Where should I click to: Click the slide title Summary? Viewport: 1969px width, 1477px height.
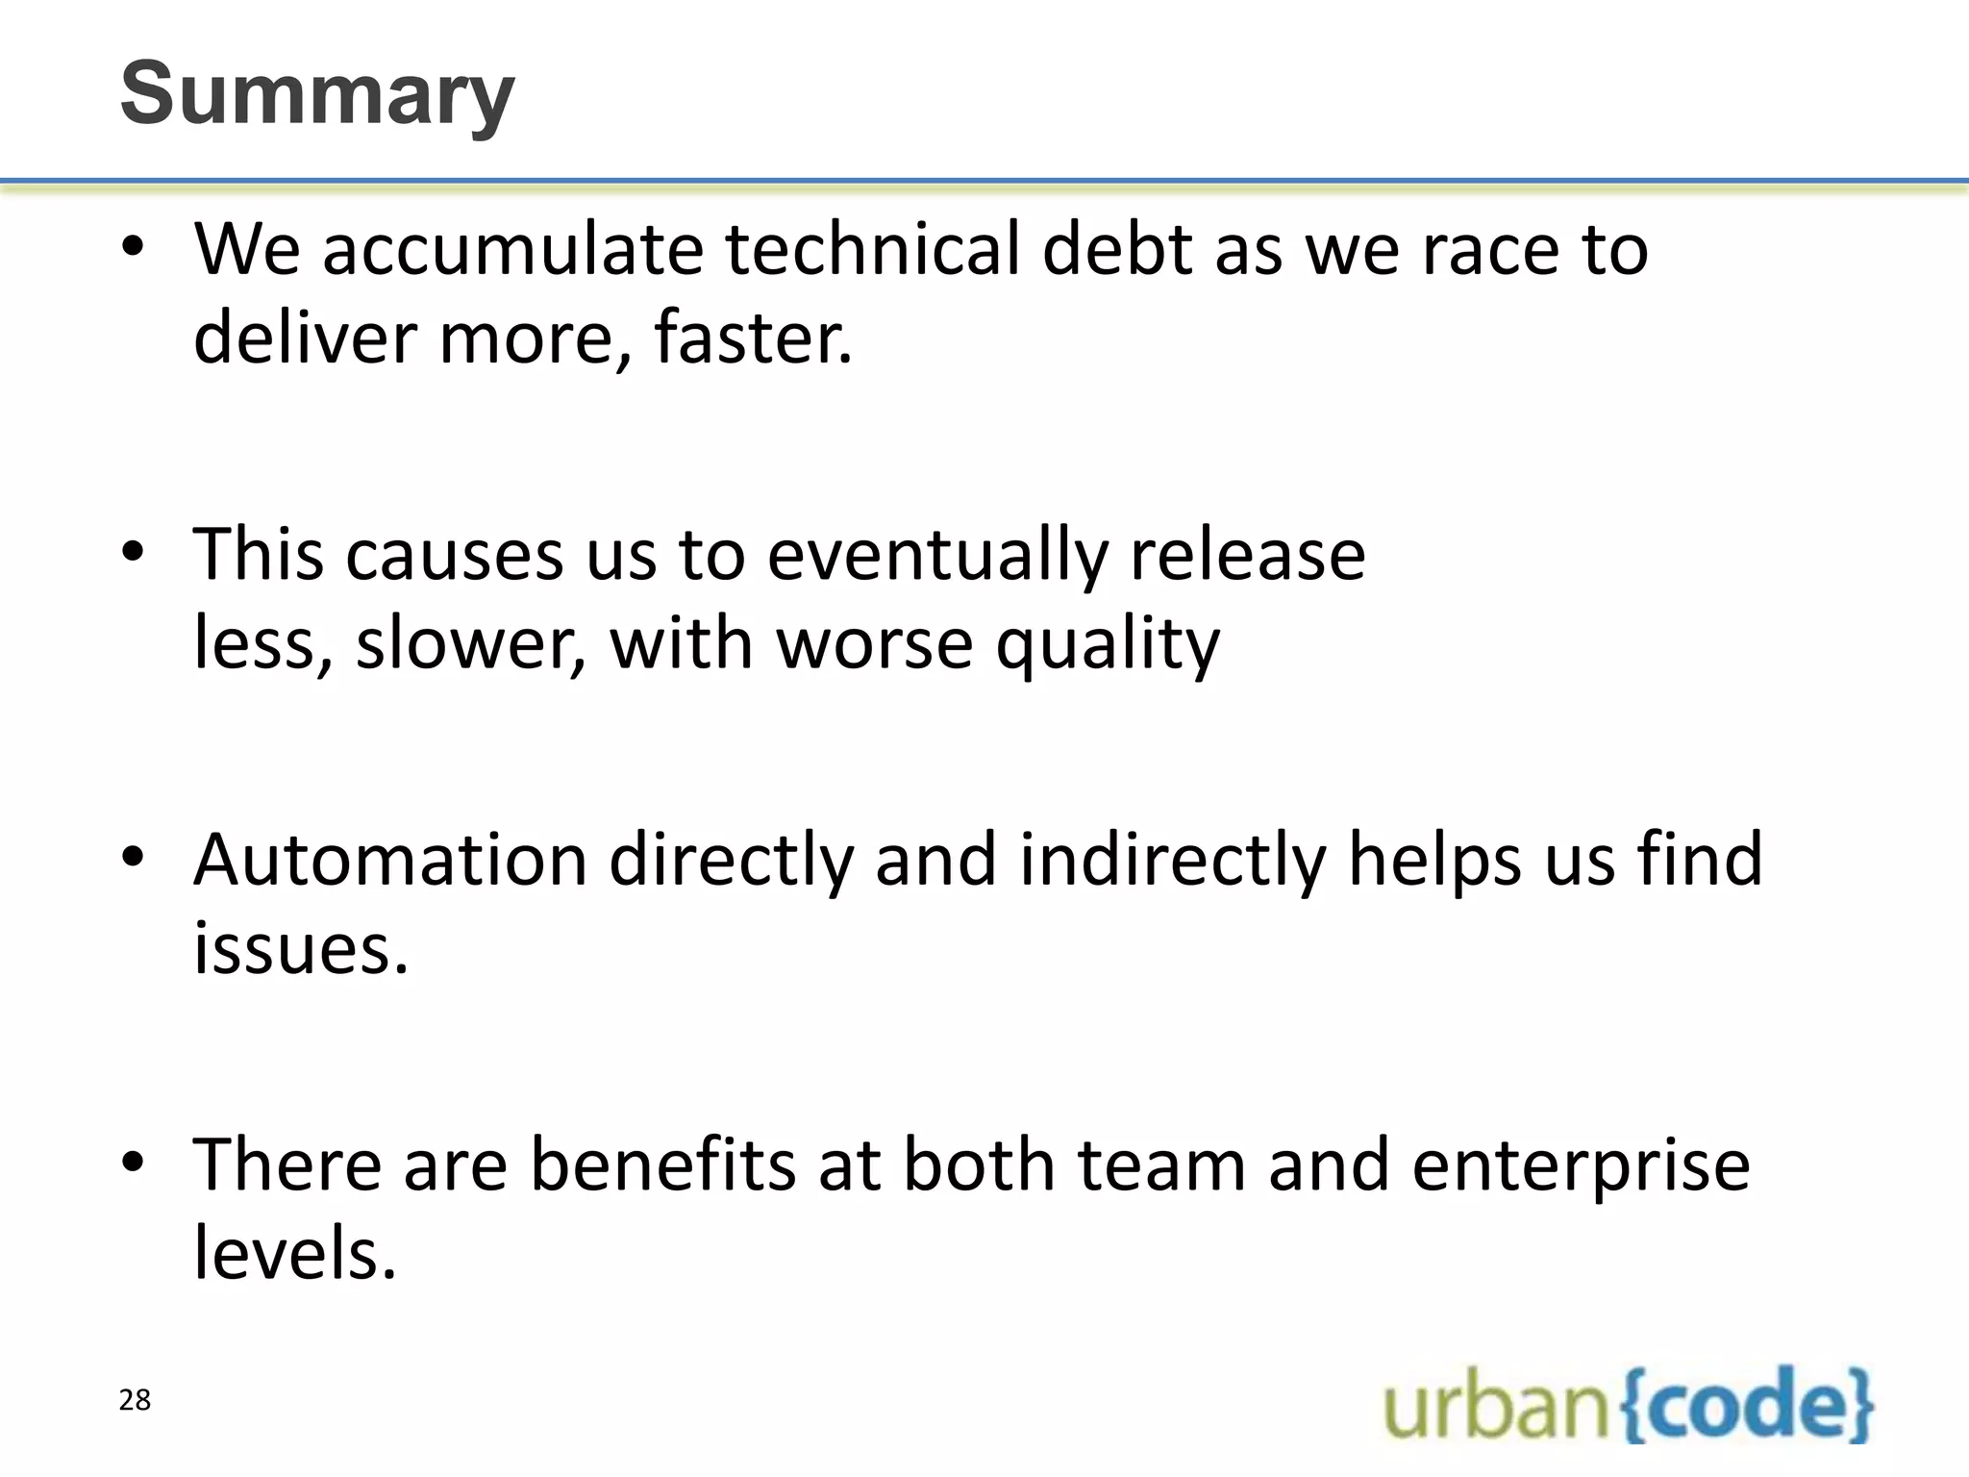[x=317, y=93]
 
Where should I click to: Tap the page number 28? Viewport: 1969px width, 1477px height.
[x=135, y=1400]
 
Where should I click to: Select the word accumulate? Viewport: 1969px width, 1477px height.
[x=512, y=249]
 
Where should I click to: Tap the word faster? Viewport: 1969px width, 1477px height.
[x=753, y=338]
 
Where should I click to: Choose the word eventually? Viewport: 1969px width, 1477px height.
[x=937, y=555]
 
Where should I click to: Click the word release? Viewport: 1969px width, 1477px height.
[x=1247, y=555]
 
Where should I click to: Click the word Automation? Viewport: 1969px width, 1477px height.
[x=390, y=859]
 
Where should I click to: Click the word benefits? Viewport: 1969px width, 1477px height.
[x=663, y=1164]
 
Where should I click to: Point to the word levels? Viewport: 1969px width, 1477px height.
[x=295, y=1254]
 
